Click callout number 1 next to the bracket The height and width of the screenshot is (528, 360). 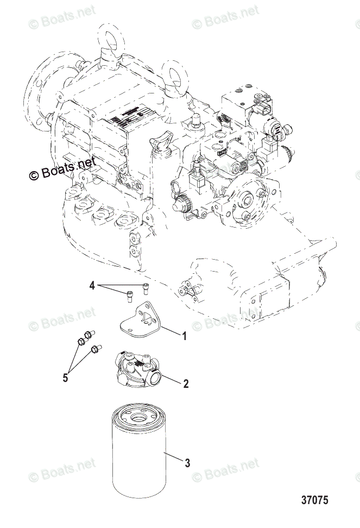[184, 337]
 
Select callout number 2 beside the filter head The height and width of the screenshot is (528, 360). [186, 384]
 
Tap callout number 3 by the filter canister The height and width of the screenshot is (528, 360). [187, 463]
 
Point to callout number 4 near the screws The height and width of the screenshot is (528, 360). [92, 285]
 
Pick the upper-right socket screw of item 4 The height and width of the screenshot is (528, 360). [144, 287]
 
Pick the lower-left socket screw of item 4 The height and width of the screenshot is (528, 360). [129, 296]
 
